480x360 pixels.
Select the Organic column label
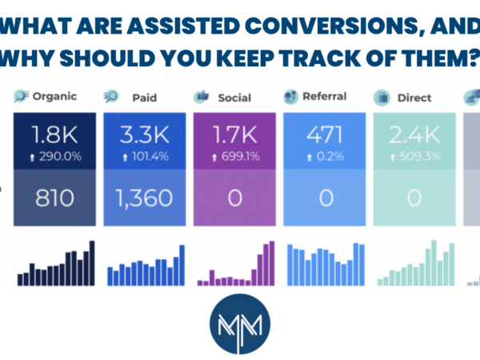54,97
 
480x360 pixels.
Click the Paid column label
145,98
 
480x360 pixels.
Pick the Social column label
234,98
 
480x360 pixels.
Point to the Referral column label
325,97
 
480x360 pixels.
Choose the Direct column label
414,98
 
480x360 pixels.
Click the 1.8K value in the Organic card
54,134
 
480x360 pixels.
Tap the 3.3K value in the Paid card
145,134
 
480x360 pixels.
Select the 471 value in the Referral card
325,134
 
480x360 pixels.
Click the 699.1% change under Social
241,157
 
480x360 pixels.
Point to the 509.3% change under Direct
420,157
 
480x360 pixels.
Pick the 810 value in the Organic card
54,198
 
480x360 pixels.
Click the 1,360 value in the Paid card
145,198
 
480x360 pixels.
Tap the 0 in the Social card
234,198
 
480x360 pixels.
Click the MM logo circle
240,324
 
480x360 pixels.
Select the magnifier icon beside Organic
21,96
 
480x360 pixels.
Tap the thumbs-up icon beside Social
202,97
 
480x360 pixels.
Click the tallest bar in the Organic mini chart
92,263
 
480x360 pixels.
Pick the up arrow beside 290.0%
32,158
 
